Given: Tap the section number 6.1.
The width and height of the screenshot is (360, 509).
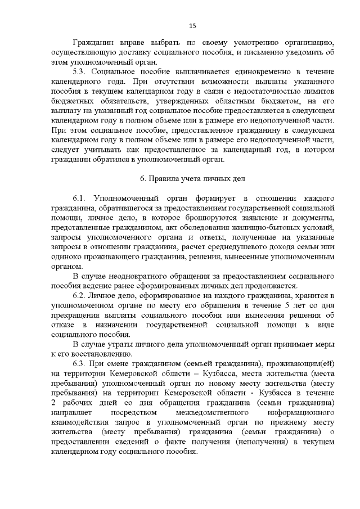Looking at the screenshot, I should [80, 200].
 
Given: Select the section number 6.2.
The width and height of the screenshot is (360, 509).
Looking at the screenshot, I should [80, 295].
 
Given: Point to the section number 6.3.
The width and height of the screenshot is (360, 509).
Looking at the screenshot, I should [80, 364].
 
